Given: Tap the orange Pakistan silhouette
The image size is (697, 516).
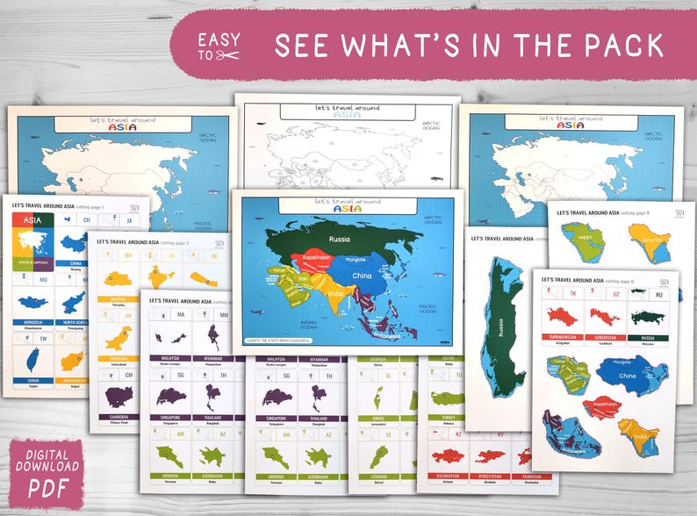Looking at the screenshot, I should coord(119,337).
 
